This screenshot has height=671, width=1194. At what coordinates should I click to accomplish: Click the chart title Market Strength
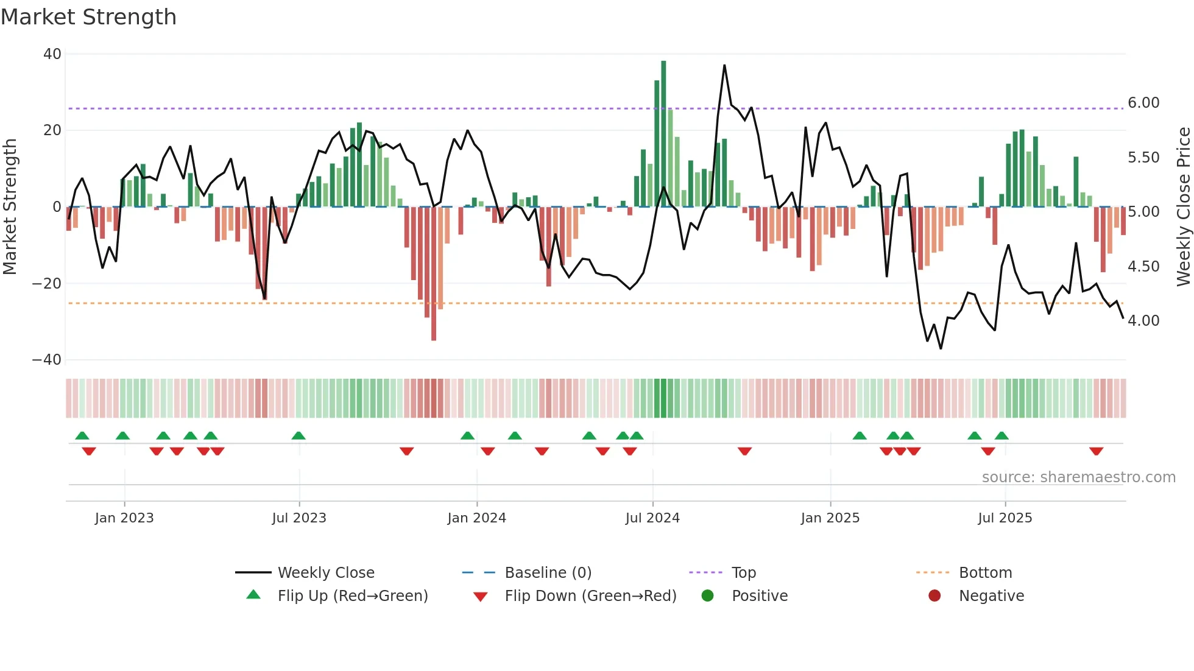point(88,17)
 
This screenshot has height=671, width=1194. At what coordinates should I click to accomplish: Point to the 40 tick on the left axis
point(52,54)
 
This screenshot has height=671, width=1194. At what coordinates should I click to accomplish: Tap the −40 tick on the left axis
point(48,360)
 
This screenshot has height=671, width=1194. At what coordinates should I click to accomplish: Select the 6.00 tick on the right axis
point(1143,103)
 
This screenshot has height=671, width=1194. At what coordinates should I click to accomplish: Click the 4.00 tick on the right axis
point(1143,321)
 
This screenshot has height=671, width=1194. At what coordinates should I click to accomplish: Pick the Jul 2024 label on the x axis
point(652,518)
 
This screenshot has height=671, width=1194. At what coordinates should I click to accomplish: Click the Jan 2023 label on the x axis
point(124,518)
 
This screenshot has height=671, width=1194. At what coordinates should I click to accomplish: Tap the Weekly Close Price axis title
point(1183,206)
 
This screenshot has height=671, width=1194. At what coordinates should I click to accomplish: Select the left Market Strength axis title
point(10,206)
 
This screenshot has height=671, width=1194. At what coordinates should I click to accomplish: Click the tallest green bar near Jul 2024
point(663,134)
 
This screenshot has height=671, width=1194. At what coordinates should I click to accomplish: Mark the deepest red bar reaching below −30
point(434,274)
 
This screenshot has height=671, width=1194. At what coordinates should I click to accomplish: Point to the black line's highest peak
point(724,66)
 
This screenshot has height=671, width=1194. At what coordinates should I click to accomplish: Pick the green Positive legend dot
point(707,595)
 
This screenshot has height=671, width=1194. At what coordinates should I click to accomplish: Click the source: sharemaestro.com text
point(1078,477)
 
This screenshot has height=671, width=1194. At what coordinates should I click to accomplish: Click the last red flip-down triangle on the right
point(1097,451)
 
